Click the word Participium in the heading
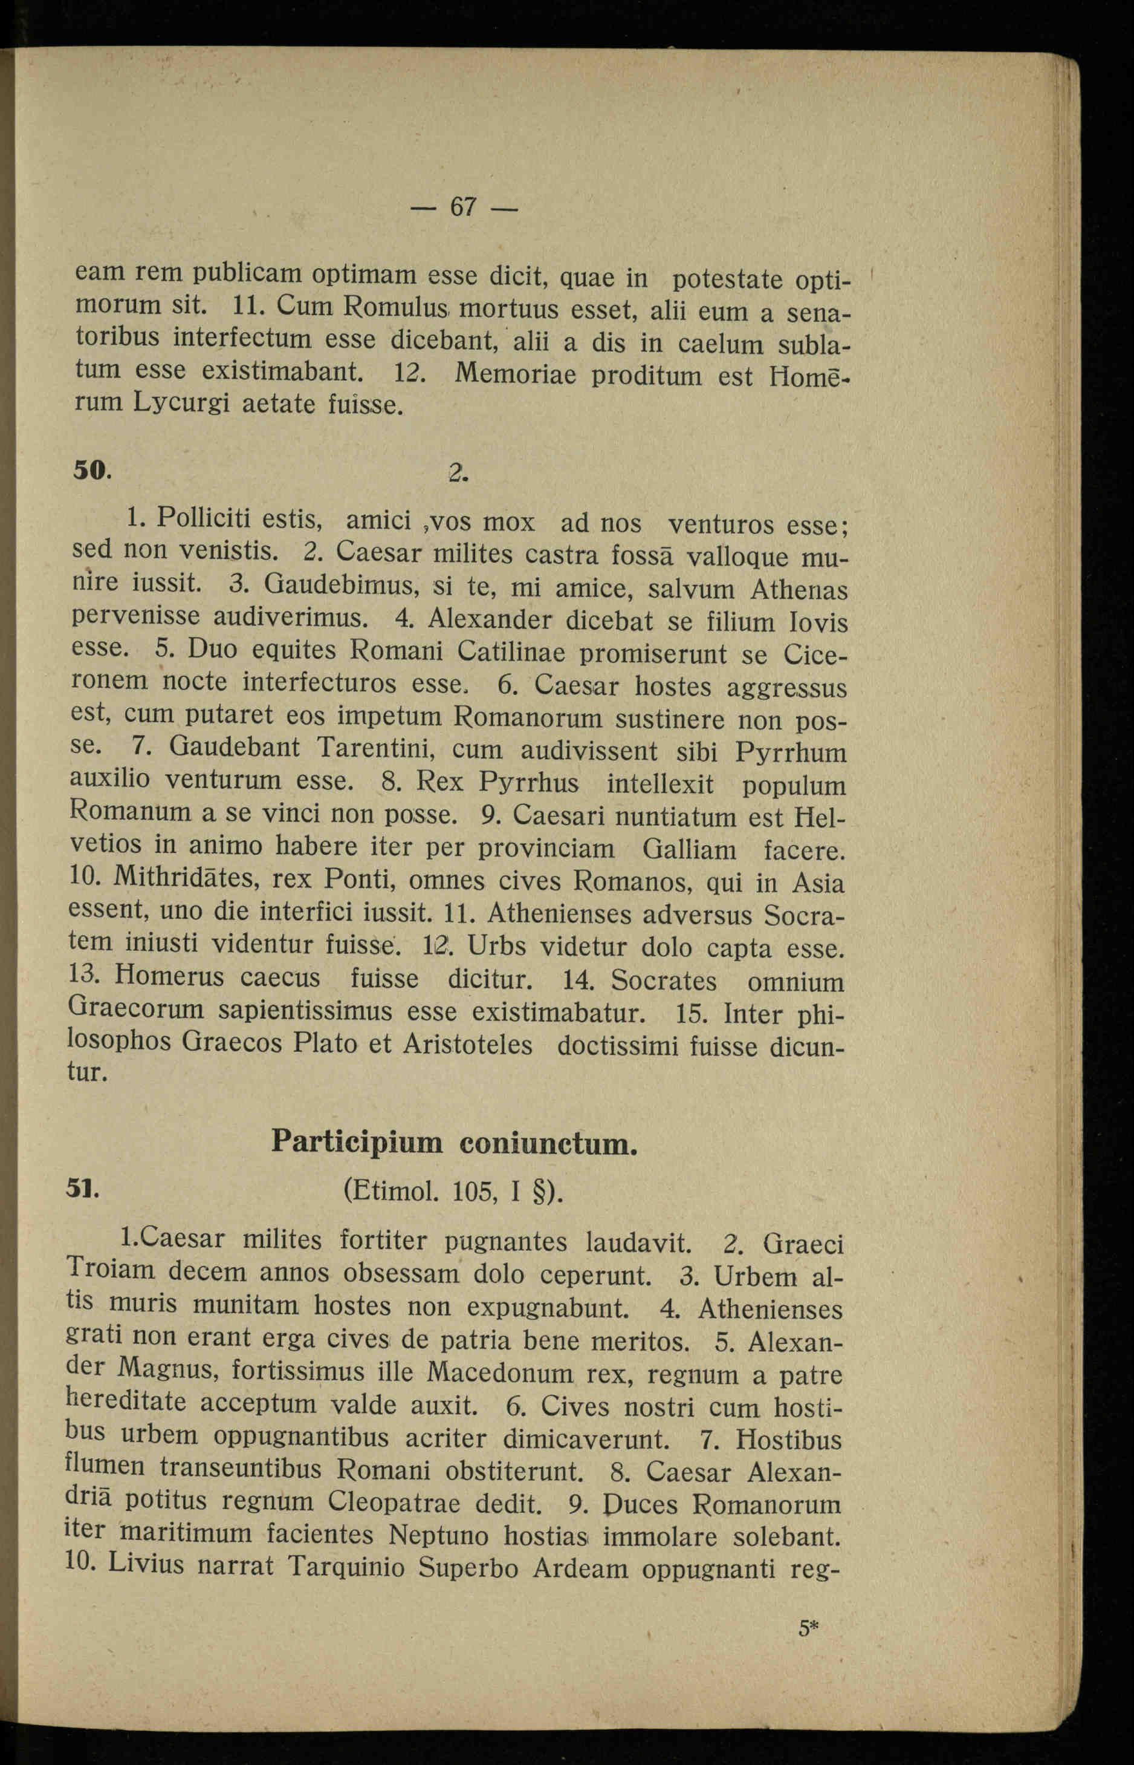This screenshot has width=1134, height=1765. coord(357,1142)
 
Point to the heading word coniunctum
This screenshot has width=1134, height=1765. coord(548,1143)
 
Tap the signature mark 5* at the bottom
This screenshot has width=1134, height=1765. coord(809,1627)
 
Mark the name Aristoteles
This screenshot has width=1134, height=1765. coord(468,1044)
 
